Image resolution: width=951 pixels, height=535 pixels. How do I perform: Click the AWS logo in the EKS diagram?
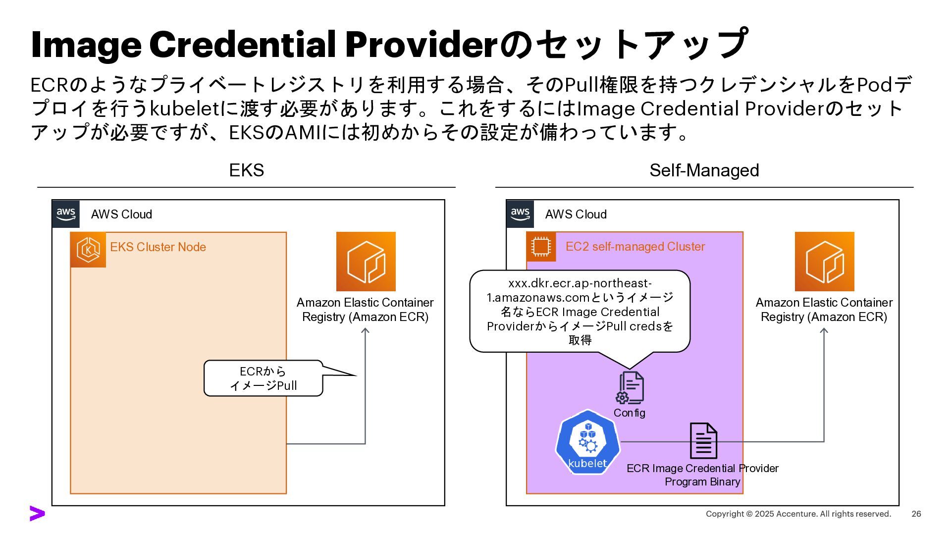coord(66,214)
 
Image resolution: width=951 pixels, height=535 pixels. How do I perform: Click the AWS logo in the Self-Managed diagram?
coord(520,214)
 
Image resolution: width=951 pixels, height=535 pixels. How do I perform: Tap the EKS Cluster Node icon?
coord(88,250)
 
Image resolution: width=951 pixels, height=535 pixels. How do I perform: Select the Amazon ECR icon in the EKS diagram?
coord(366,262)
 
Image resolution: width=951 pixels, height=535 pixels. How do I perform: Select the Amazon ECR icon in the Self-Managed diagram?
coord(824,262)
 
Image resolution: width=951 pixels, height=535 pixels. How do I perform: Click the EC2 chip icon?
coord(541,247)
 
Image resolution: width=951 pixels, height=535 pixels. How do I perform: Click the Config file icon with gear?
coord(630,388)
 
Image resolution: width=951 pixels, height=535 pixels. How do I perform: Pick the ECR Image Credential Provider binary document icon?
coord(703,440)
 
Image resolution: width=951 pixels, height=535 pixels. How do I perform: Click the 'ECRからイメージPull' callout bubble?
coord(264,378)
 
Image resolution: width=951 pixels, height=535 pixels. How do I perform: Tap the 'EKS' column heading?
coord(246,170)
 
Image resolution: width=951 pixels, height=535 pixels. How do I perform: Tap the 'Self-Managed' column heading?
coord(704,170)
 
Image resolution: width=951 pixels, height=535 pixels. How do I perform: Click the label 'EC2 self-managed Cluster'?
coord(635,247)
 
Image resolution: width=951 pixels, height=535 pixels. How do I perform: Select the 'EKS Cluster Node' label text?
coord(158,247)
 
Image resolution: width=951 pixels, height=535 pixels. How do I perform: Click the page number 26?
coord(916,514)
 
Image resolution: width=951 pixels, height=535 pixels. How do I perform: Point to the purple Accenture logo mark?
coord(37,514)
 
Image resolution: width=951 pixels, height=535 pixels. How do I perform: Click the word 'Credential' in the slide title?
coord(243,45)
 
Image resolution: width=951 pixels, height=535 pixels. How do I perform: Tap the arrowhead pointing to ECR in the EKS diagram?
coord(365,330)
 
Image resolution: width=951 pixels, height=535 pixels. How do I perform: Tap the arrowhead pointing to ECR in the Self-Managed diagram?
coord(824,330)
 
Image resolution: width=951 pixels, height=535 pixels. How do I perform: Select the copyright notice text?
coord(798,514)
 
